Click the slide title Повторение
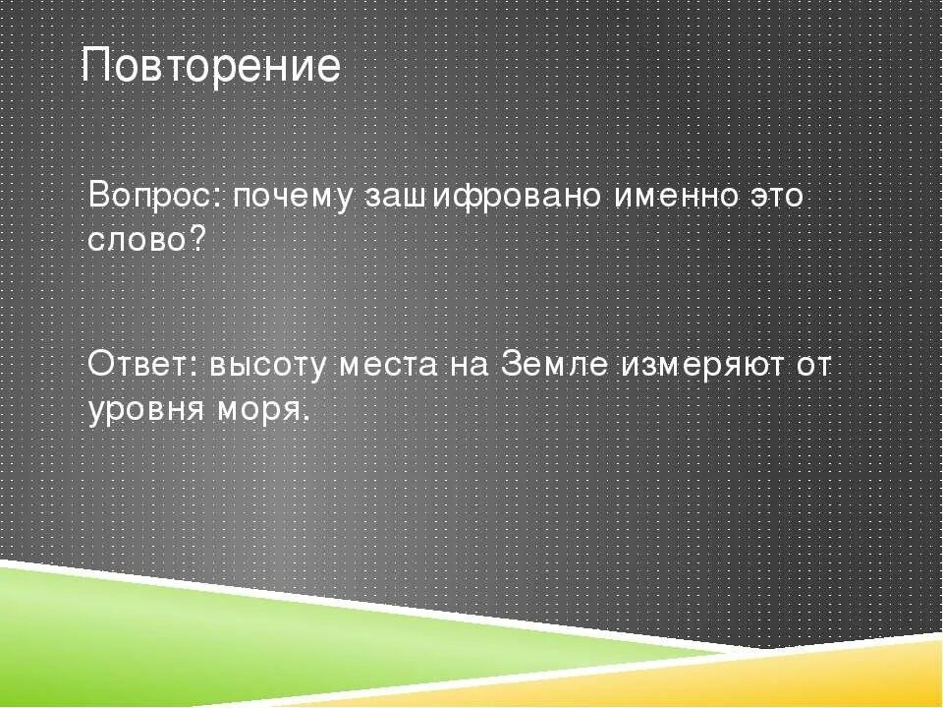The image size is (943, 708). tap(210, 67)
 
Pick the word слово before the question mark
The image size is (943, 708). tap(139, 240)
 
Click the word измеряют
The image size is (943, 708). tap(699, 366)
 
